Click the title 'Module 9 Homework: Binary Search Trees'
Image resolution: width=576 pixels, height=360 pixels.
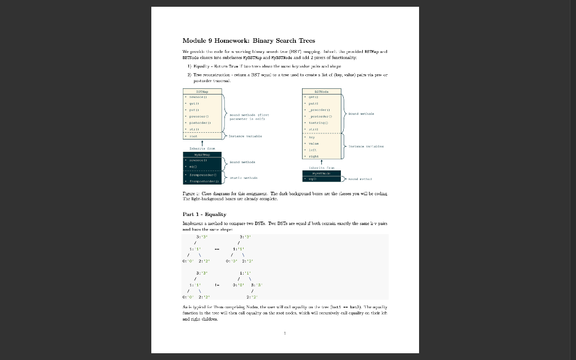249,40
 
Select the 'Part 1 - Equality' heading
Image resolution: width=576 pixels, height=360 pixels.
205,214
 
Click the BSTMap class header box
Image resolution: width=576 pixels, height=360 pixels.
202,91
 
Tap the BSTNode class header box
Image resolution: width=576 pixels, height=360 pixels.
322,91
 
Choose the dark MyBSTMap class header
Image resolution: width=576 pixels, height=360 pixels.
202,154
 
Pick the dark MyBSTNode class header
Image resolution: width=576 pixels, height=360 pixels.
322,174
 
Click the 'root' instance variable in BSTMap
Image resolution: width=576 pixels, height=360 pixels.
193,136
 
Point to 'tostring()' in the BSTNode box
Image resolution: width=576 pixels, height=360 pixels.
318,121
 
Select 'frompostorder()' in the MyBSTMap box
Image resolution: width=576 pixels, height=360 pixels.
204,182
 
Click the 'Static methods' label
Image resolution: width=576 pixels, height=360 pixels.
244,178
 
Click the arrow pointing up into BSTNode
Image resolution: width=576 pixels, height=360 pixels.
322,163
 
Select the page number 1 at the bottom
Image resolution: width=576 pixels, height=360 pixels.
285,334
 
